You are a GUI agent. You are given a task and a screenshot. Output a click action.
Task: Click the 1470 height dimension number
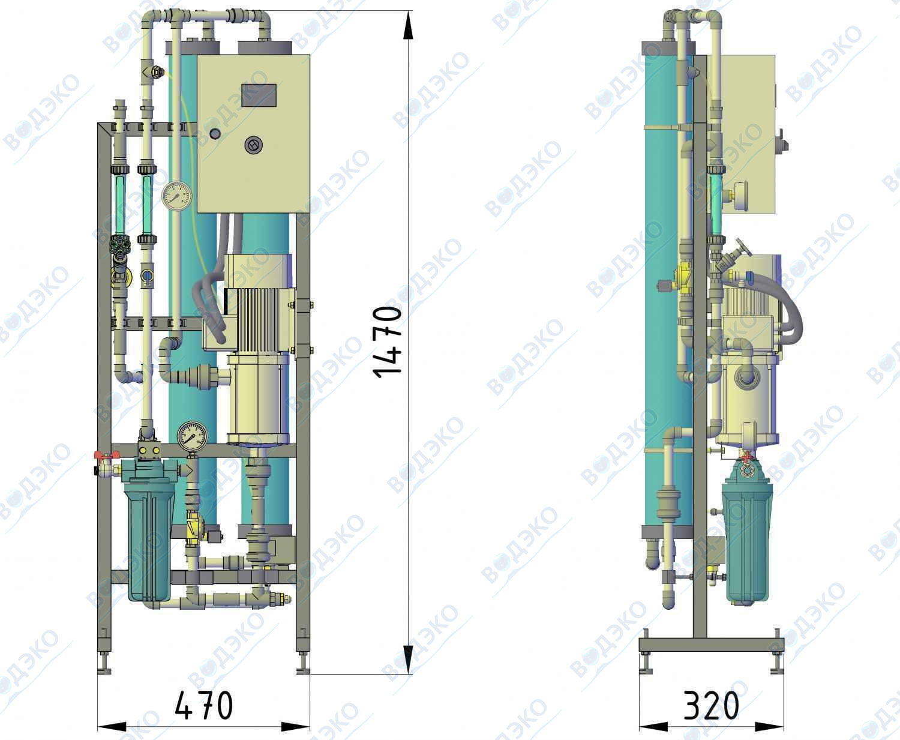coord(388,342)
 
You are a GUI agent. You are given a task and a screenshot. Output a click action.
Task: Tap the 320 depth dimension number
coord(711,705)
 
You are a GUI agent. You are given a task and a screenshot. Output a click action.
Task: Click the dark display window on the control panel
coord(259,95)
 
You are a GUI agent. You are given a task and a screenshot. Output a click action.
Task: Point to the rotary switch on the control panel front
coord(253,145)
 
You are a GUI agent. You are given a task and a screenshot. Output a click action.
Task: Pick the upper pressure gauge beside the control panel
coord(176,196)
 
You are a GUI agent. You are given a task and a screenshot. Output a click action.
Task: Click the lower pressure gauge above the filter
coord(193,436)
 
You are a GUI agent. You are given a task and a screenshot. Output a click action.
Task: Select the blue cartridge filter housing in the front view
coord(149,538)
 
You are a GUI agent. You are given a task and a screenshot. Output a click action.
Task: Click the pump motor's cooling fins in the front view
coord(257,319)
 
